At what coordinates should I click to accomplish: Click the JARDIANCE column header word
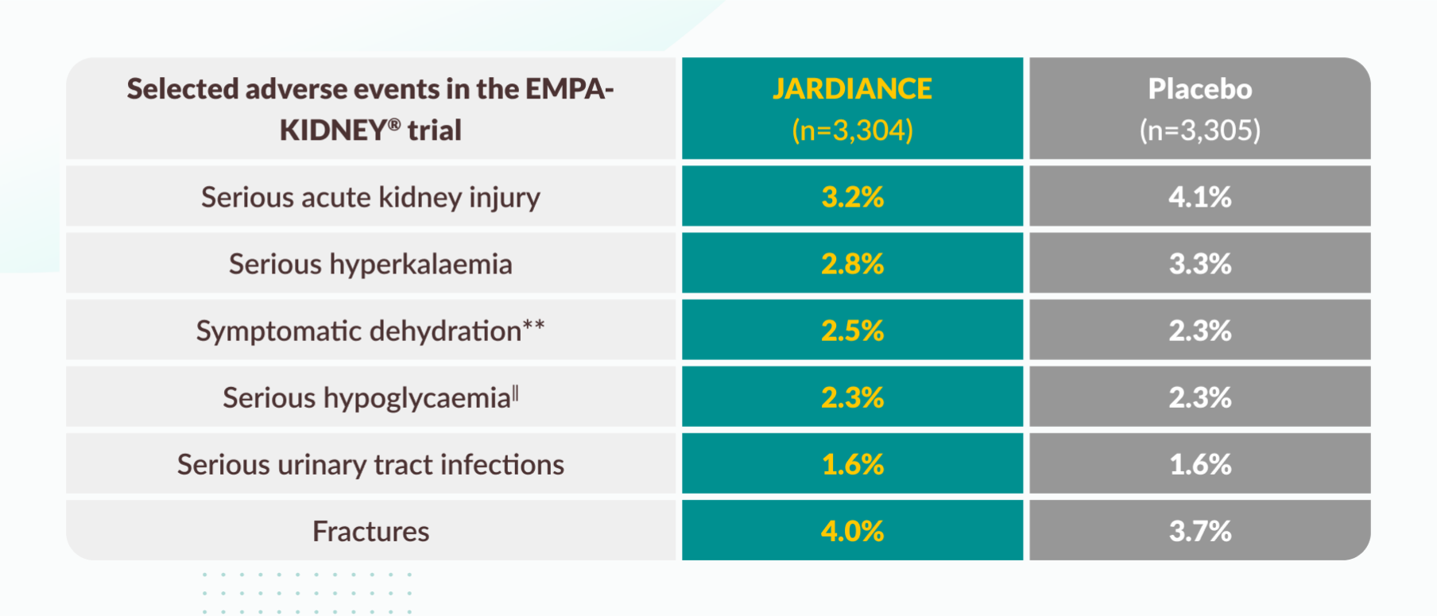tap(852, 89)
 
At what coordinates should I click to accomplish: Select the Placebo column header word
tap(1199, 89)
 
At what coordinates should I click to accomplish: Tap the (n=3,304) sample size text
tap(852, 130)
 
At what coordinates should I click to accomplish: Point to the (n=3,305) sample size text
tap(1199, 130)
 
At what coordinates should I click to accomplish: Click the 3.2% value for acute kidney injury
tap(852, 197)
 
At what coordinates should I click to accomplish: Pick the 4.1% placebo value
tap(1199, 197)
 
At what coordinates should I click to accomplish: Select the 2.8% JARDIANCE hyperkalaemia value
tap(852, 264)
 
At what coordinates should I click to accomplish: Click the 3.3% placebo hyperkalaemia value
tap(1199, 264)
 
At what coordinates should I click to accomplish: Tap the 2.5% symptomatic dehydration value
tap(852, 331)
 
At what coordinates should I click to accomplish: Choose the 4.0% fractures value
tap(852, 531)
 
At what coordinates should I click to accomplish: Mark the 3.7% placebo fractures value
tap(1199, 531)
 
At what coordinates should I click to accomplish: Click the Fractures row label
tap(370, 531)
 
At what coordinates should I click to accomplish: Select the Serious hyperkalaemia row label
tap(370, 264)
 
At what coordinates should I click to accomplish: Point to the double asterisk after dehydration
tap(533, 325)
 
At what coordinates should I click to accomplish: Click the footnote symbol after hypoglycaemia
tap(516, 392)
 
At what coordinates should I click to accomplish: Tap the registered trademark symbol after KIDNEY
tap(394, 124)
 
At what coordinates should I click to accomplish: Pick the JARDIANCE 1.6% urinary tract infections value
tap(852, 464)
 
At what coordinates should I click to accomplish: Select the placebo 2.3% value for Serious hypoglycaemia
tap(1199, 397)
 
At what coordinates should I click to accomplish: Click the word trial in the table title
tap(434, 130)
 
